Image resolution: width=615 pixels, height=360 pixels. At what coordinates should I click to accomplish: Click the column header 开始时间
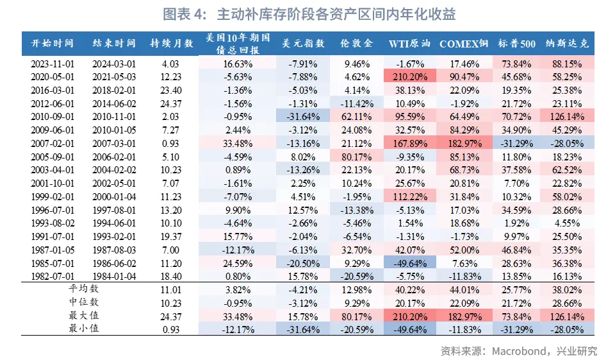tap(53, 44)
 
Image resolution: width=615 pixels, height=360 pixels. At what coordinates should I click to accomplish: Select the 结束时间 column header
tap(114, 44)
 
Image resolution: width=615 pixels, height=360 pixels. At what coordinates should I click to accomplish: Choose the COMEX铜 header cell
tap(464, 44)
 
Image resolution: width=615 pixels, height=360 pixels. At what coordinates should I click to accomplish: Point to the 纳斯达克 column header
tap(568, 44)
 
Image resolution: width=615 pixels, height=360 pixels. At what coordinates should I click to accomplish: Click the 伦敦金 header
tap(357, 44)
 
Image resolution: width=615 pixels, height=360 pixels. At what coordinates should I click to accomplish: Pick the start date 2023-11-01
tap(53, 64)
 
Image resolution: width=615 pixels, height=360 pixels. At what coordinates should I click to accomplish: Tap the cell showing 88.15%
tap(568, 64)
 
